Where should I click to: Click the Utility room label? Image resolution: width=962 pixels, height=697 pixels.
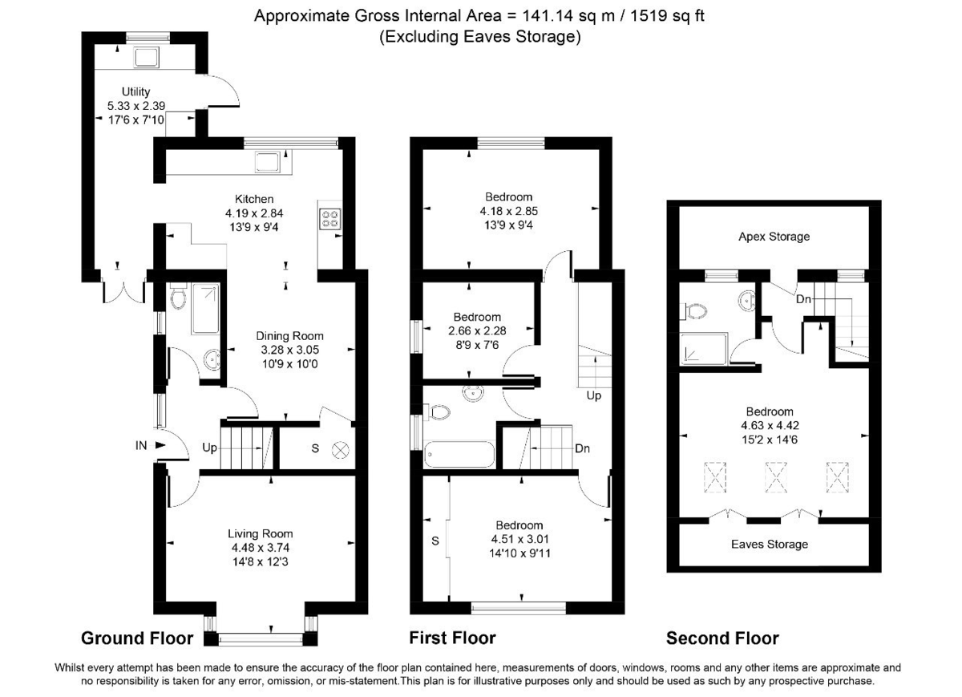(135, 92)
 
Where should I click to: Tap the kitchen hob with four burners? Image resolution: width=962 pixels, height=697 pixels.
(329, 219)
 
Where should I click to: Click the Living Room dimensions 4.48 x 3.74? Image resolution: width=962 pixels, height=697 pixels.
(261, 548)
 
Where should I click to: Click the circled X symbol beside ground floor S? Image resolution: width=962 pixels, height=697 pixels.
(339, 450)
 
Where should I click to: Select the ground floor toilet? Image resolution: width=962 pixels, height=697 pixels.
(178, 299)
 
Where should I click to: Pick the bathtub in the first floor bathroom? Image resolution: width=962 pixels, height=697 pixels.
(460, 456)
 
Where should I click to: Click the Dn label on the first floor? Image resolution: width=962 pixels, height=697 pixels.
(583, 448)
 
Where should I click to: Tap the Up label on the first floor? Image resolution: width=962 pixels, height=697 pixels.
(593, 396)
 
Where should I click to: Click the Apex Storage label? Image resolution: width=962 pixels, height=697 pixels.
(774, 237)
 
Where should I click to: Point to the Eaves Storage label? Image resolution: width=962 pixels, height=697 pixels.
(770, 545)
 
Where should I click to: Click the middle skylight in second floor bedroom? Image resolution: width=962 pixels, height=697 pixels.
(774, 478)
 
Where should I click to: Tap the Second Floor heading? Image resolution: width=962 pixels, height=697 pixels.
(722, 638)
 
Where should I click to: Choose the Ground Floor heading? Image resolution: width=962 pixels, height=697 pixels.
(137, 638)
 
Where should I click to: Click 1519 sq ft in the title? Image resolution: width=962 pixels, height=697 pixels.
(659, 16)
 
